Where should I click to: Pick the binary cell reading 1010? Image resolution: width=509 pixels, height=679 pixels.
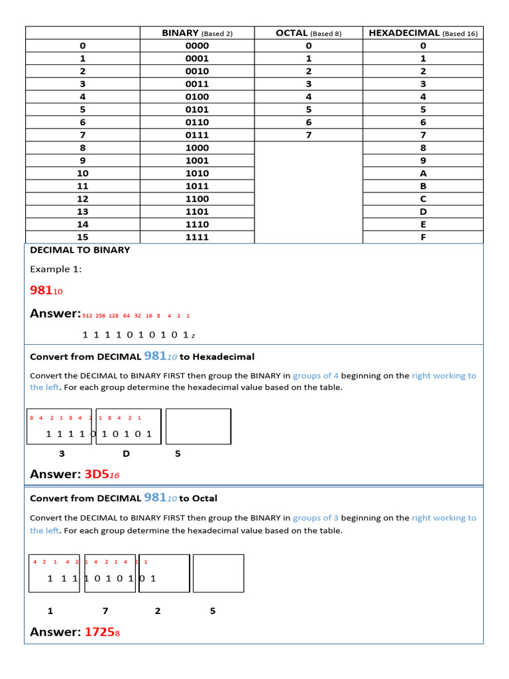197,173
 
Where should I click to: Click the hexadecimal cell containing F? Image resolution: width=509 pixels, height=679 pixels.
423,237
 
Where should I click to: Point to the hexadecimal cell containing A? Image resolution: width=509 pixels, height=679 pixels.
423,173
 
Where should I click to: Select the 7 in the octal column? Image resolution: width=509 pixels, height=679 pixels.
308,135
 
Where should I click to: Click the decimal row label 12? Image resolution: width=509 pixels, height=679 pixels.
82,199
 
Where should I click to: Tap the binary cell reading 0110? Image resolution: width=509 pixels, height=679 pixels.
197,122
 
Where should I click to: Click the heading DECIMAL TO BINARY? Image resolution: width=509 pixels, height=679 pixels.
80,250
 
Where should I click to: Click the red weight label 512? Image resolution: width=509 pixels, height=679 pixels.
87,316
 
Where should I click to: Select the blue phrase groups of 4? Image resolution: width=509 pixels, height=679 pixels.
315,375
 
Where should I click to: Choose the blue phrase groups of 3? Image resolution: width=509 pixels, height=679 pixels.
315,518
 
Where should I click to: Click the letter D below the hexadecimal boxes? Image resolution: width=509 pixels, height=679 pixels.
126,454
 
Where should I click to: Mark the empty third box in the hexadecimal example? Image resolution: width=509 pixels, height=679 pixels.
198,426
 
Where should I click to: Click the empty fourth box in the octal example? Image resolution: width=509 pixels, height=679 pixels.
218,573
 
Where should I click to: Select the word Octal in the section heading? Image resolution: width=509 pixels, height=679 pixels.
205,499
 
